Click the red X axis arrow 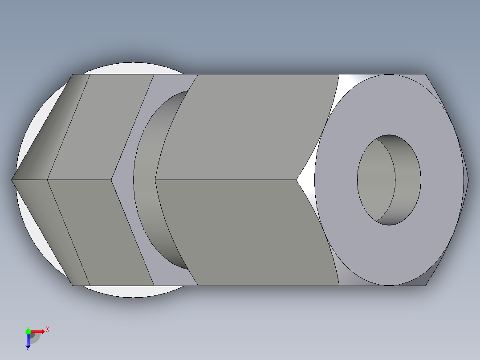(38, 331)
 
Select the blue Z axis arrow (28, 341)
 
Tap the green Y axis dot (28, 331)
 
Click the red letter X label (48, 329)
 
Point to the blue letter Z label (28, 350)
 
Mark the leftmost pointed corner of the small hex (12, 180)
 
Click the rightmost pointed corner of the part (468, 180)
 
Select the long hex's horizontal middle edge (223, 180)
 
